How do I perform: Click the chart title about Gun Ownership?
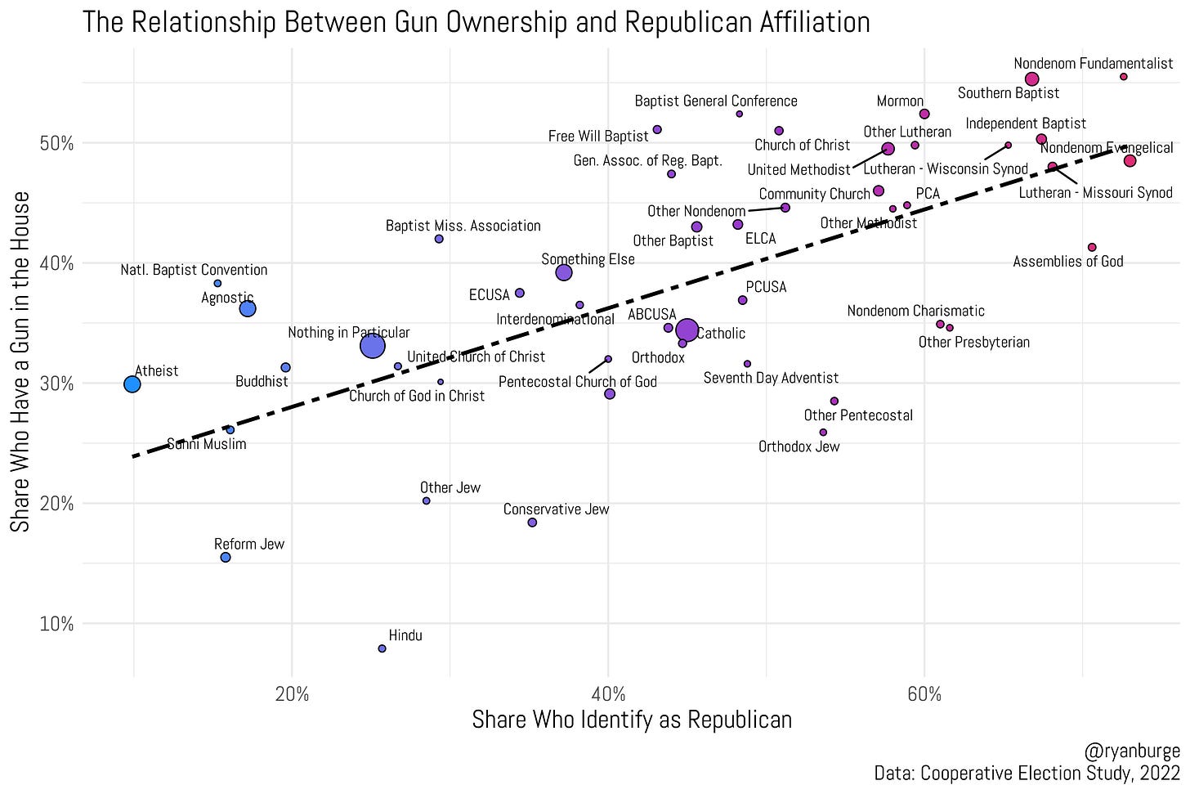476,21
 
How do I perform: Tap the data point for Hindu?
382,648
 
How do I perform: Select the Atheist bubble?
132,384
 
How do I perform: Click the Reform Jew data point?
226,558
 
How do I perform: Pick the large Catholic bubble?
687,330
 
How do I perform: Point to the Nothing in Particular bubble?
373,347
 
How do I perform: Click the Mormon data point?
924,114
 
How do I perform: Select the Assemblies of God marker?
1092,248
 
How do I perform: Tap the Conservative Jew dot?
532,523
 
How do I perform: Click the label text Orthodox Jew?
799,447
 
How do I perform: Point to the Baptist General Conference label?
716,101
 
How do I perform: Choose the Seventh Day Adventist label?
771,378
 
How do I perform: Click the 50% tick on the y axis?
57,144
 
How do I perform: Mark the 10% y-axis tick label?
57,624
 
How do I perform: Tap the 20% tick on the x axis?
292,694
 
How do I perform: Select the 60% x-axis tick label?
924,694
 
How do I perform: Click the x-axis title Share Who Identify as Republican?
632,720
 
